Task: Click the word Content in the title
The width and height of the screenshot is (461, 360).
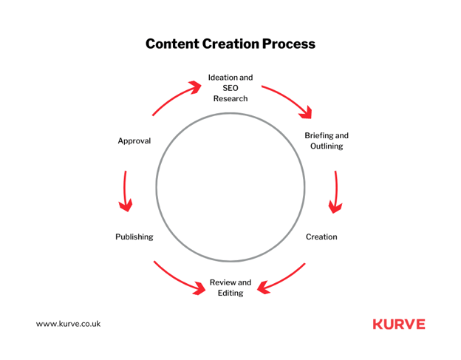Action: click(x=172, y=44)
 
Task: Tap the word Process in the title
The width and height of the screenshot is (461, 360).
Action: click(x=288, y=44)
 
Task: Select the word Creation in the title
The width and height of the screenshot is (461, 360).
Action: click(x=230, y=44)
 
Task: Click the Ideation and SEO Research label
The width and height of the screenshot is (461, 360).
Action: click(x=230, y=88)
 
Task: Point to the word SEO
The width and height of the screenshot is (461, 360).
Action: click(x=230, y=88)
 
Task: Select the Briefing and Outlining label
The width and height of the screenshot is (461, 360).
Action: click(x=327, y=140)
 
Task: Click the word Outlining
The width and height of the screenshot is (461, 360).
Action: click(x=327, y=146)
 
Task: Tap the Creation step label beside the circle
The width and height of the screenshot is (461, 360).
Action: click(x=321, y=237)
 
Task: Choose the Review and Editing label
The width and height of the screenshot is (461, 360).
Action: click(x=230, y=288)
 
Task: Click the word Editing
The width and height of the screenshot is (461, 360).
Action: click(x=230, y=293)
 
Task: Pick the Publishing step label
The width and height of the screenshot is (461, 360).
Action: click(x=134, y=237)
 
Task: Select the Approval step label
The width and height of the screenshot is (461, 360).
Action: click(x=134, y=141)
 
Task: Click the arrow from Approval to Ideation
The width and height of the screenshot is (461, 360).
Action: click(x=174, y=97)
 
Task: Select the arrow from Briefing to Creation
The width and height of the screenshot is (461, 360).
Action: click(x=336, y=191)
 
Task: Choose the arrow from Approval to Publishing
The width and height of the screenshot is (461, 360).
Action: click(x=125, y=191)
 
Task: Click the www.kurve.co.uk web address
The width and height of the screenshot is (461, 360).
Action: click(x=68, y=324)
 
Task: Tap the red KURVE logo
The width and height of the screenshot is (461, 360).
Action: click(x=399, y=324)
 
